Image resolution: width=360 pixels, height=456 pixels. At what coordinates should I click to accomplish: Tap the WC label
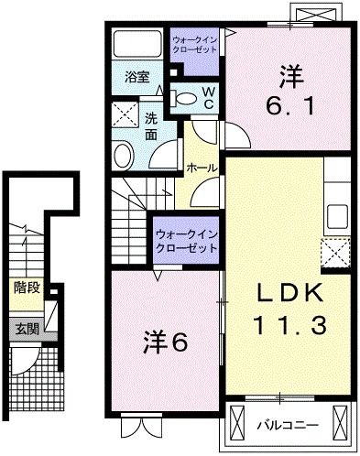207,97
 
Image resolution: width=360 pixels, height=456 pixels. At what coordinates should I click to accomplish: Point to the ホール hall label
202,168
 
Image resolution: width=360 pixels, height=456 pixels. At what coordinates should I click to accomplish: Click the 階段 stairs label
27,288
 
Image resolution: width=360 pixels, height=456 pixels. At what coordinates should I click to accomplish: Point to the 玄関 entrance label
27,328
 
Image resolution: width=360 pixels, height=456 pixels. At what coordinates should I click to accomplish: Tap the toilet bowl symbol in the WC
184,98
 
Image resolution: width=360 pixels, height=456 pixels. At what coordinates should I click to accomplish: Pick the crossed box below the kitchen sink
335,251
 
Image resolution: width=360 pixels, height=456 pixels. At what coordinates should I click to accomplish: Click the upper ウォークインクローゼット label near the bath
194,44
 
